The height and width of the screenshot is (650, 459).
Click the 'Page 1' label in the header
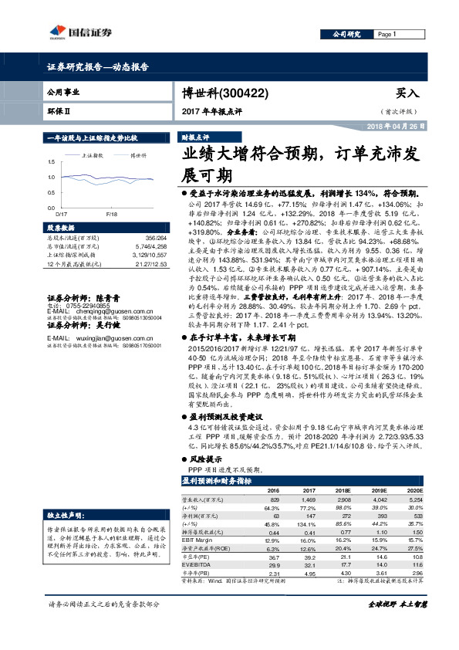(386, 35)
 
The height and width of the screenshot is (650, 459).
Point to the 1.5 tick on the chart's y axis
(51, 161)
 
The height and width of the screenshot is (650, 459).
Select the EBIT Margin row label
(198, 540)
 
